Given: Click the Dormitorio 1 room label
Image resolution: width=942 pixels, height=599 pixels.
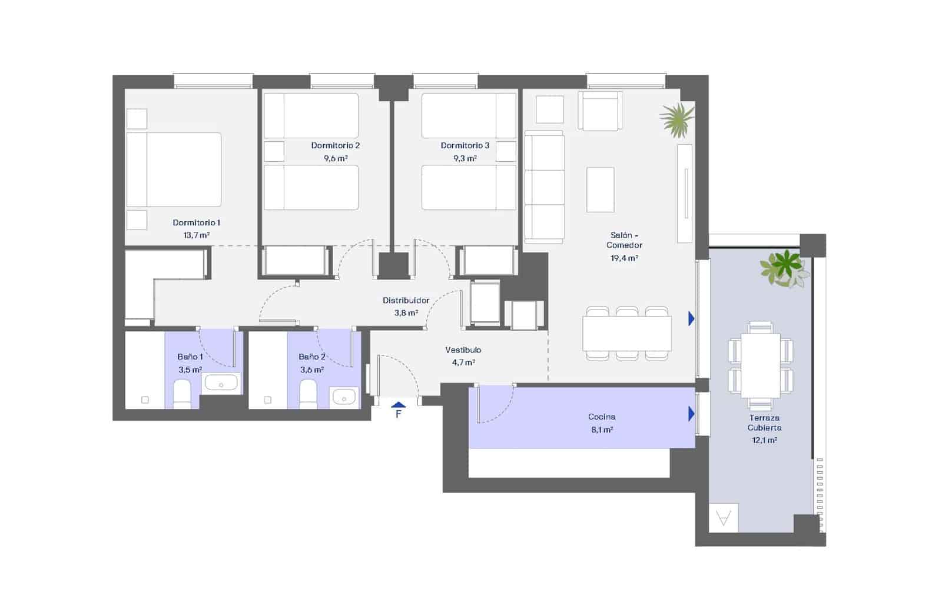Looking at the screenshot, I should [x=196, y=222].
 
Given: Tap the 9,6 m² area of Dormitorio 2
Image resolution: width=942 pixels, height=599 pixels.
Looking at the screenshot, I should [x=335, y=158].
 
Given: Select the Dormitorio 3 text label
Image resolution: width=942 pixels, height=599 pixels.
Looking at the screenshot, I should [x=465, y=145].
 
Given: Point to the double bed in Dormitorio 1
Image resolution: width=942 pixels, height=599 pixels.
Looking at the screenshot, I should [x=174, y=169].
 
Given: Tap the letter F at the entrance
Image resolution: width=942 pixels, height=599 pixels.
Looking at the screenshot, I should [x=399, y=414].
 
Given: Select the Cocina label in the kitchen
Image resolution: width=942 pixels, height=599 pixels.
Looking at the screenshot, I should [x=601, y=417].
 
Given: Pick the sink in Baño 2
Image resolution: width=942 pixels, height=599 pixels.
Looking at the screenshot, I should [x=344, y=397].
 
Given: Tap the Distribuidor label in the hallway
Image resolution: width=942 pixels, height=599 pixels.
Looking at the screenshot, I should [x=406, y=300].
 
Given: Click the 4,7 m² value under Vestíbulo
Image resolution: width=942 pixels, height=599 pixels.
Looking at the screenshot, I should [x=463, y=362].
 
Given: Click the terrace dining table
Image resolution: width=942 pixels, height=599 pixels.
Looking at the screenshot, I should [x=760, y=365].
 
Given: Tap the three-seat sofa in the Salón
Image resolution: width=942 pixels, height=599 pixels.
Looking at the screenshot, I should [x=544, y=187].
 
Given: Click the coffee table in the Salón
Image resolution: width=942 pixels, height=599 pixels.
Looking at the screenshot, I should [x=600, y=189].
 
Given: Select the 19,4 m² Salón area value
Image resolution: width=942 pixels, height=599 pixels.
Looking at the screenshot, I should [x=624, y=258].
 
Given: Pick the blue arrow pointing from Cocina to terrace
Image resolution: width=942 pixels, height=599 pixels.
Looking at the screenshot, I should [x=691, y=414].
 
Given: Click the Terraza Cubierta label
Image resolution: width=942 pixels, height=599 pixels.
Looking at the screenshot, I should [x=764, y=422].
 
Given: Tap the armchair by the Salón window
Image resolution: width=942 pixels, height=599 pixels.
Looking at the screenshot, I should [x=599, y=111].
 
